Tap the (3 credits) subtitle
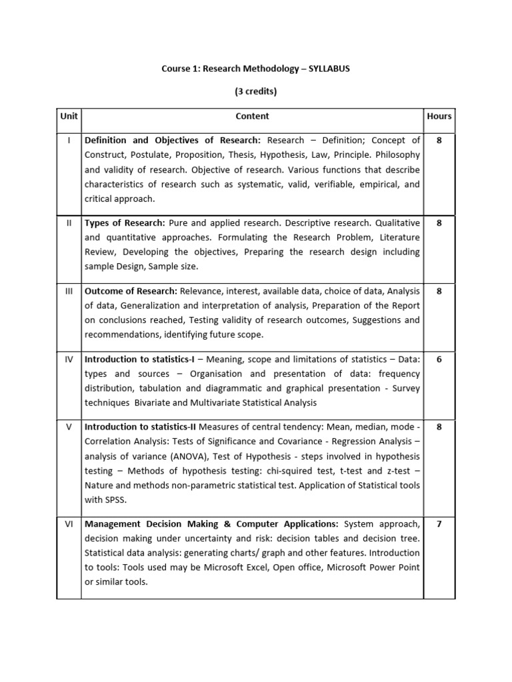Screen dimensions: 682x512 click(x=255, y=92)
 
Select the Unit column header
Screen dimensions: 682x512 click(x=69, y=116)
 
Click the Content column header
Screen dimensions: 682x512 click(x=252, y=116)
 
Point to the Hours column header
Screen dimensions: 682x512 click(x=439, y=116)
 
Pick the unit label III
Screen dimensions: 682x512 click(x=69, y=291)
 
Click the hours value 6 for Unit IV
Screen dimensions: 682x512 click(x=439, y=359)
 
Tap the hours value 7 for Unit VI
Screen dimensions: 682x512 click(x=439, y=524)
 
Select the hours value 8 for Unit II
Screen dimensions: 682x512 click(x=439, y=223)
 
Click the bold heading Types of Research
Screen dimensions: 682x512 click(x=125, y=223)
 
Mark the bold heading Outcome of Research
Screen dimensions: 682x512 click(x=131, y=291)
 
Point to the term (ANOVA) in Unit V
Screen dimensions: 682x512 click(x=176, y=456)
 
